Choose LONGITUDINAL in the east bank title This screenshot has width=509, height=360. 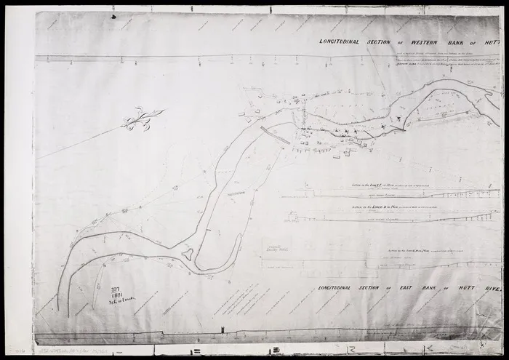342,288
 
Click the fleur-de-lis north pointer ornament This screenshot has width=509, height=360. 140,119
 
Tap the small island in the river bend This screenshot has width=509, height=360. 188,254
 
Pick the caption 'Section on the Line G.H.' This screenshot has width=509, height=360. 412,251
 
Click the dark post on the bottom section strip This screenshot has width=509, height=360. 222,331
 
